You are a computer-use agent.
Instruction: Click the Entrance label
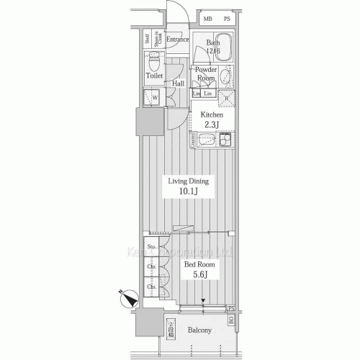pyautogui.click(x=177, y=40)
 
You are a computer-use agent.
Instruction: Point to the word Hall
pyautogui.click(x=177, y=84)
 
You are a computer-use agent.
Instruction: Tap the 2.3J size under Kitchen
pyautogui.click(x=212, y=125)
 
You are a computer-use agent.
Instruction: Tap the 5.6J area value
pyautogui.click(x=197, y=274)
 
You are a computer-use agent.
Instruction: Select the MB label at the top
pyautogui.click(x=207, y=19)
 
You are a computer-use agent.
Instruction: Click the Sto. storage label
pyautogui.click(x=151, y=248)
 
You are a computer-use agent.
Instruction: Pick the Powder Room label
pyautogui.click(x=206, y=74)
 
